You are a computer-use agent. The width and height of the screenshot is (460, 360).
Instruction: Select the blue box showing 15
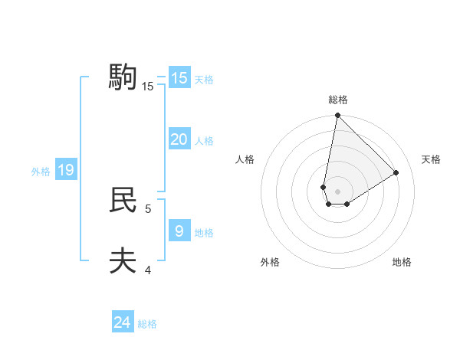click(179, 78)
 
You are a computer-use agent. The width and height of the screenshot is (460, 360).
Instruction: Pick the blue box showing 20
click(179, 139)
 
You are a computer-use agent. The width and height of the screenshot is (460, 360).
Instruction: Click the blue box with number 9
click(179, 231)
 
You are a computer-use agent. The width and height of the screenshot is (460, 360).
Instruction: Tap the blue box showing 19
click(66, 170)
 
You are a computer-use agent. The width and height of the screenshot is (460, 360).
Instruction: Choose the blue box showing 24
click(123, 322)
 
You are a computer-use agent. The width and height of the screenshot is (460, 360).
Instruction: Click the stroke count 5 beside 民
click(148, 208)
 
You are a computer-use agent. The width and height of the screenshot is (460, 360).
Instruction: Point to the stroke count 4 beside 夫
click(148, 270)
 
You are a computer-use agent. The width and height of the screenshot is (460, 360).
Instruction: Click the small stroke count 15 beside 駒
click(148, 87)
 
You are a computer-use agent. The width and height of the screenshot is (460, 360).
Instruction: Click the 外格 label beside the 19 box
click(41, 172)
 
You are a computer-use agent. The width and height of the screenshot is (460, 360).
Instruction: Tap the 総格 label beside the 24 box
click(147, 324)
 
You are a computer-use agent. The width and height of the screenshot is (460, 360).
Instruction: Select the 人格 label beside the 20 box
click(204, 141)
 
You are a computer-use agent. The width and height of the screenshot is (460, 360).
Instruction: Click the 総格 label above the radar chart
click(338, 100)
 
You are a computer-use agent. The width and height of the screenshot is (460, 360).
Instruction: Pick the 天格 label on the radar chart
click(432, 159)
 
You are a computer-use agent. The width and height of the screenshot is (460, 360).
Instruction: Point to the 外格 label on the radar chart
click(269, 262)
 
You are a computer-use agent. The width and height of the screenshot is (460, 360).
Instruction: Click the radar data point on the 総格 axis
click(337, 116)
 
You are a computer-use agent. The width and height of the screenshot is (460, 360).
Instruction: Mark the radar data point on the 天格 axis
click(396, 172)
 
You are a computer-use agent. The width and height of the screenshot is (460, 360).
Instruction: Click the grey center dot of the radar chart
click(337, 191)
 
